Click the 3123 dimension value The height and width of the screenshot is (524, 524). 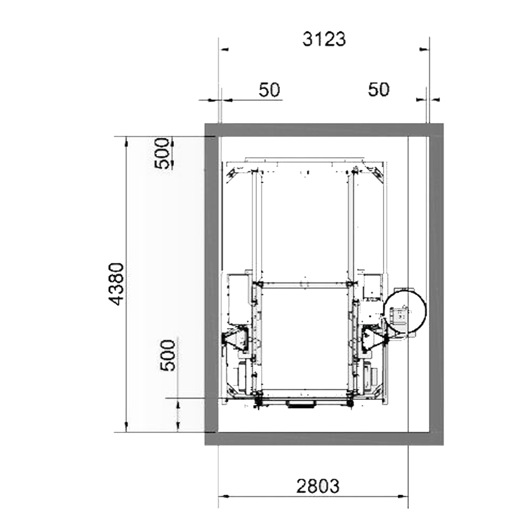pyautogui.click(x=324, y=39)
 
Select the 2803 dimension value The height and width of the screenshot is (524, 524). pyautogui.click(x=318, y=486)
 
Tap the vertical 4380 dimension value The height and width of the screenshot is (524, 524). pyautogui.click(x=117, y=284)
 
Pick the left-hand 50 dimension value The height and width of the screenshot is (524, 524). pyautogui.click(x=269, y=90)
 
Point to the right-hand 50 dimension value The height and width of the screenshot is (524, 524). pyautogui.click(x=379, y=90)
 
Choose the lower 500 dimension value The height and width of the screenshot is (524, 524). pyautogui.click(x=168, y=355)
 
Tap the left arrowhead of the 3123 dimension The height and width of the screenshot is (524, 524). pyautogui.click(x=224, y=49)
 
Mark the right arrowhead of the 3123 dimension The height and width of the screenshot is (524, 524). pyautogui.click(x=424, y=49)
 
